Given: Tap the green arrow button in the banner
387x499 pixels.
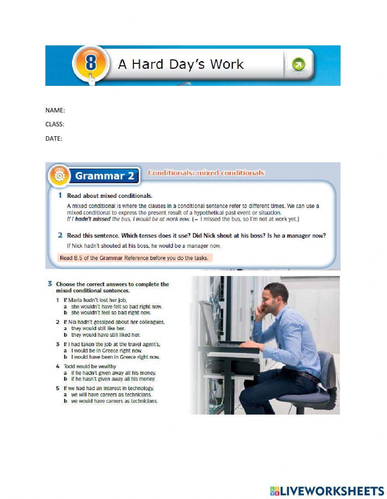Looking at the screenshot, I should pyautogui.click(x=298, y=64).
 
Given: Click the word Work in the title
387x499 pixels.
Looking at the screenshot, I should pyautogui.click(x=226, y=64).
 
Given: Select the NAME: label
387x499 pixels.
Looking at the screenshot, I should pyautogui.click(x=55, y=110).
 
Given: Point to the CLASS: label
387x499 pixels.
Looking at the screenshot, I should pyautogui.click(x=55, y=124).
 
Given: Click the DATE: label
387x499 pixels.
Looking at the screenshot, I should pyautogui.click(x=53, y=138).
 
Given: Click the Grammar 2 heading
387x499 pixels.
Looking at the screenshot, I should pyautogui.click(x=104, y=176).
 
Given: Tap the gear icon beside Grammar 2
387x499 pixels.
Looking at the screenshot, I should pyautogui.click(x=59, y=176).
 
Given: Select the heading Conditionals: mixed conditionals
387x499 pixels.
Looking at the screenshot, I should pyautogui.click(x=206, y=173).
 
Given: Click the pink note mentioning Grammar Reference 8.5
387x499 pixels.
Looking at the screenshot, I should pyautogui.click(x=134, y=258).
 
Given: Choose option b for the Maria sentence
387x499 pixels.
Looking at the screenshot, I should pyautogui.click(x=111, y=313).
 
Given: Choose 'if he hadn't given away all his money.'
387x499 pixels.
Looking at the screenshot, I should pyautogui.click(x=113, y=373).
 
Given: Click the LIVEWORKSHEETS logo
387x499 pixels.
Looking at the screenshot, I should pyautogui.click(x=327, y=491).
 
